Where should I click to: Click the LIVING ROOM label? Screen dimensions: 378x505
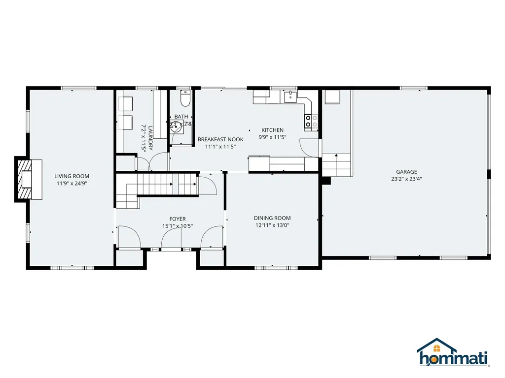[72, 176]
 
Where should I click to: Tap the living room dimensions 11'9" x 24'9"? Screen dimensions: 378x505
[72, 183]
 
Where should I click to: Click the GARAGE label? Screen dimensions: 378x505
[405, 172]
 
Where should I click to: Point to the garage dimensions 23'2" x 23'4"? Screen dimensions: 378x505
[405, 179]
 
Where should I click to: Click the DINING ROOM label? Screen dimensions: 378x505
[272, 218]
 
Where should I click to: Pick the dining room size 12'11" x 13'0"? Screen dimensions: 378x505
[272, 225]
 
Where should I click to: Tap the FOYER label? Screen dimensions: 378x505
[178, 219]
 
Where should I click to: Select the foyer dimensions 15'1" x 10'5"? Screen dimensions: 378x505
[178, 226]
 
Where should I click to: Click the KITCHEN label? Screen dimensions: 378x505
[272, 130]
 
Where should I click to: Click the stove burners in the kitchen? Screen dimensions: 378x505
[311, 121]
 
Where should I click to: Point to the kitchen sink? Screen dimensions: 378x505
[291, 96]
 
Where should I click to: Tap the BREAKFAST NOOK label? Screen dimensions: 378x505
[220, 139]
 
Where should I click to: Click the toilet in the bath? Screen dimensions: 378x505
[185, 100]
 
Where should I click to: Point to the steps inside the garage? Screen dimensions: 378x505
[336, 165]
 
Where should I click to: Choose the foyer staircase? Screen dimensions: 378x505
[157, 187]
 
